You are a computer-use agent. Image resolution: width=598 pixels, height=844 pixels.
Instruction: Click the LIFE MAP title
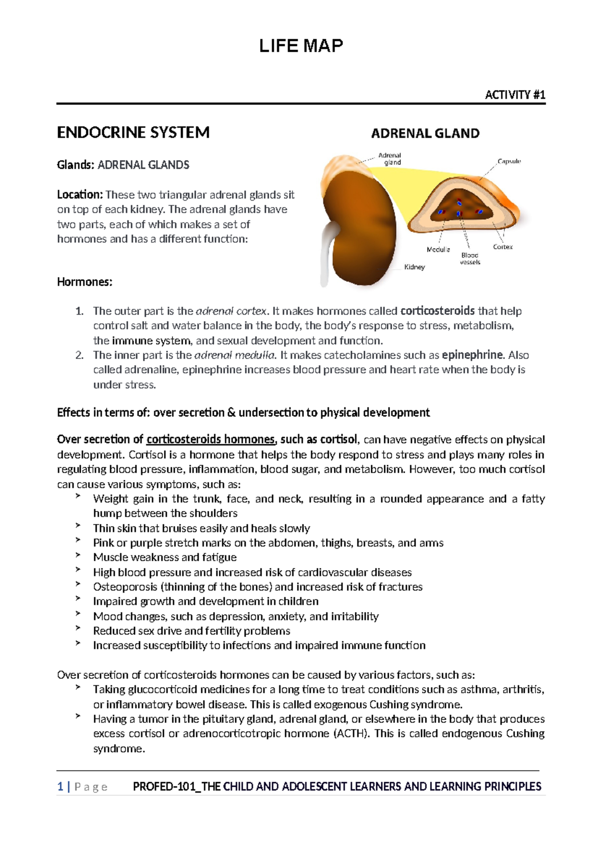coord(300,46)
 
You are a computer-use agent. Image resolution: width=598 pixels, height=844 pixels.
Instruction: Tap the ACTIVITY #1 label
coord(515,95)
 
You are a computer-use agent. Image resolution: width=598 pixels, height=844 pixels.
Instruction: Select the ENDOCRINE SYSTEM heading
coord(133,133)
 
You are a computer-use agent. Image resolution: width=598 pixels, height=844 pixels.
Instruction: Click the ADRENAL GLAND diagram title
coord(425,133)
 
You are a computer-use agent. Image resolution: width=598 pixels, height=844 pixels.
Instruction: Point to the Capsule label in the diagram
coord(509,161)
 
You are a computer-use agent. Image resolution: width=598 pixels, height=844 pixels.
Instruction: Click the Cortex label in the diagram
coord(502,247)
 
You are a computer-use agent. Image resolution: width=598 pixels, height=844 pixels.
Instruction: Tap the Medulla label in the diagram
coord(438,249)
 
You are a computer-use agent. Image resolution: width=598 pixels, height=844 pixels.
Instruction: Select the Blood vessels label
coord(469,258)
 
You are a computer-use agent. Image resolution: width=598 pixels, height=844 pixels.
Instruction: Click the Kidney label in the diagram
coord(414,267)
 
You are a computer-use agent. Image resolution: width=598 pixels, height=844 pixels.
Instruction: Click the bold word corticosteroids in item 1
coord(437,311)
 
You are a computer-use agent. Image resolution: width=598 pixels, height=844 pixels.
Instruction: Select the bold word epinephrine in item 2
coord(472,355)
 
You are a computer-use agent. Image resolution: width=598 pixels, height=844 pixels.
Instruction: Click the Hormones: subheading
coord(85,282)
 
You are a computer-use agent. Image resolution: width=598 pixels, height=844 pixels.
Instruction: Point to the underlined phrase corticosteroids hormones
coord(210,439)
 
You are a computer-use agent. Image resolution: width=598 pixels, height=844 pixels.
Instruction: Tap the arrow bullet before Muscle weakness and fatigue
coord(78,554)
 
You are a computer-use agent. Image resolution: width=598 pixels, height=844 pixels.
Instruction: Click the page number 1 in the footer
coord(60,787)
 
